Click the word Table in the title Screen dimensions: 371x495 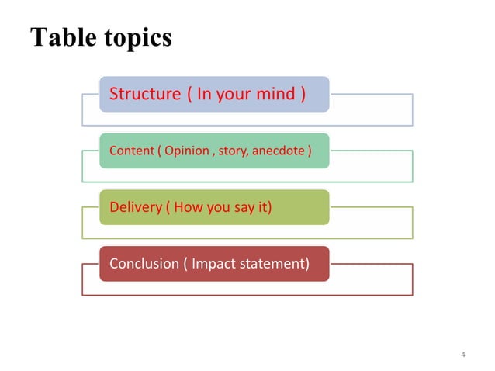tap(61, 37)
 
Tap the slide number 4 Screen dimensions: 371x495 tap(463, 355)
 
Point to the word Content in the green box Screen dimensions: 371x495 tap(132, 151)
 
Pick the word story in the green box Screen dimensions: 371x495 tap(230, 151)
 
